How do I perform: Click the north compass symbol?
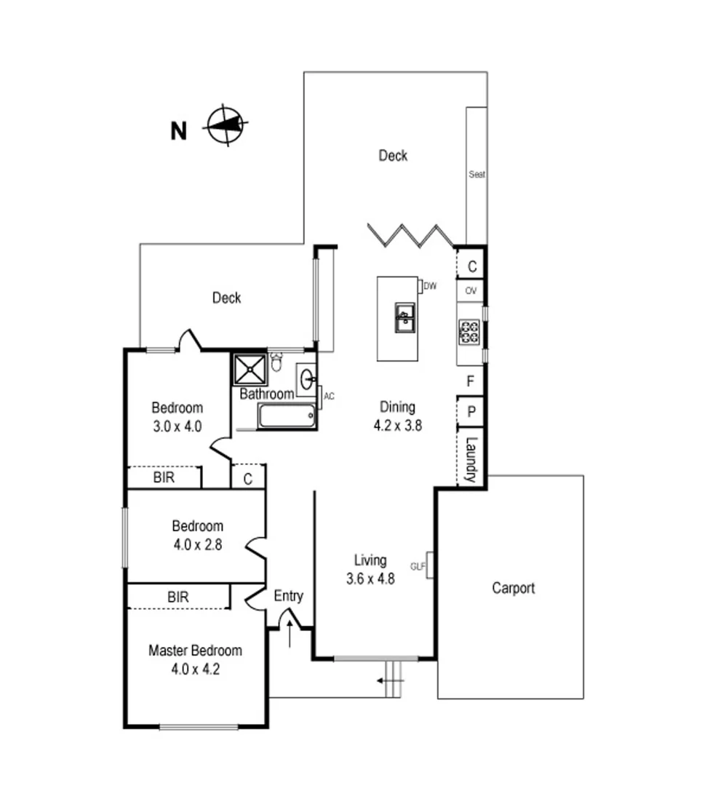point(226,125)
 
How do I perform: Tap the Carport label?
point(513,588)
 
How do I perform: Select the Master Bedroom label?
point(195,651)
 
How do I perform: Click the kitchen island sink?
point(404,317)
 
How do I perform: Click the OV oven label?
point(471,291)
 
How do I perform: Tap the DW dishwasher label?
point(429,286)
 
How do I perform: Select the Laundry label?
point(471,459)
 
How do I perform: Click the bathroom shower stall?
point(249,370)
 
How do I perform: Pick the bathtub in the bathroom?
point(287,417)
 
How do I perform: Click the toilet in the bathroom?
point(276,362)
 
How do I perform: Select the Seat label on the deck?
point(477,175)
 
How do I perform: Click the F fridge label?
point(471,380)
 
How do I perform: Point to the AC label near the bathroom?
point(329,397)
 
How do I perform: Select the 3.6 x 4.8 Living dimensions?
point(370,580)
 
